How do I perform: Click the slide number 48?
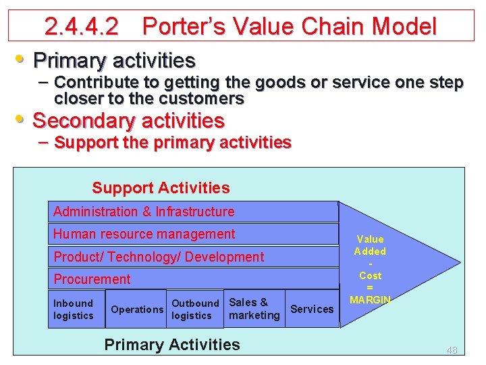(x=452, y=350)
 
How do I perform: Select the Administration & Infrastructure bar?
(x=193, y=212)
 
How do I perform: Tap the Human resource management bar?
(x=193, y=234)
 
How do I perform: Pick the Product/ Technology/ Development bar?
(x=193, y=257)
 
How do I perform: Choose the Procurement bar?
(x=193, y=279)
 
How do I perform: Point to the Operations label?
(x=137, y=310)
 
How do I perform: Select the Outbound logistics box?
(x=195, y=310)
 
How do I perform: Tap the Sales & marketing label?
(x=254, y=309)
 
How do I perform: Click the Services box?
(x=312, y=310)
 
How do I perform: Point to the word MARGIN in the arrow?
(x=370, y=299)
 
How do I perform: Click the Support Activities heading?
(x=161, y=188)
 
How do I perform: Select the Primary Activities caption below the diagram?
(x=172, y=345)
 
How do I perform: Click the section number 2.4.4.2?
(x=81, y=27)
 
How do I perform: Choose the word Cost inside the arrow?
(x=370, y=276)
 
